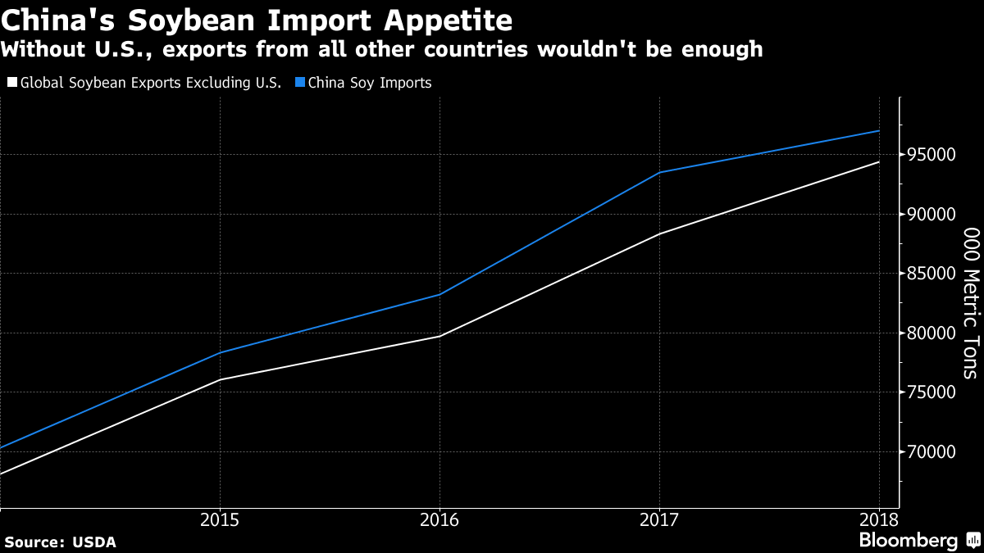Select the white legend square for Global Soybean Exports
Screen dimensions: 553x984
[11, 83]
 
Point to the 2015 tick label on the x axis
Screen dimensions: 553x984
[220, 520]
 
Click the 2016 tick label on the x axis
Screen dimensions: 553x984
[440, 520]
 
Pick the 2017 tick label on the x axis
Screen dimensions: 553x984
[659, 520]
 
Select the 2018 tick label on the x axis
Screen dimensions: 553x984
[879, 520]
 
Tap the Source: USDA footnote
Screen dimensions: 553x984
[60, 542]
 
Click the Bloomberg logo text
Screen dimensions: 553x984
[908, 541]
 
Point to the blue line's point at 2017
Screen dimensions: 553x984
[659, 173]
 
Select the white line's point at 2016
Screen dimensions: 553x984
[440, 336]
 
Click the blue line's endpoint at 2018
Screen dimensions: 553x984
[879, 131]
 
